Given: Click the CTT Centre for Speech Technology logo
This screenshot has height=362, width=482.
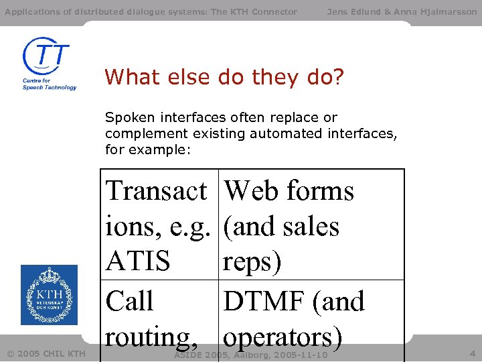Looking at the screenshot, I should [x=49, y=64].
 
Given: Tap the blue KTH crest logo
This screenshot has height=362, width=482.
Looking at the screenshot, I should [x=49, y=294].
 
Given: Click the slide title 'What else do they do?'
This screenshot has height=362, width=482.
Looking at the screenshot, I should [x=224, y=78].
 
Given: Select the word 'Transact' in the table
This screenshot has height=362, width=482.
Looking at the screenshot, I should [x=157, y=191].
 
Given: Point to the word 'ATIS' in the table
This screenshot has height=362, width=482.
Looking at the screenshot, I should [x=138, y=261].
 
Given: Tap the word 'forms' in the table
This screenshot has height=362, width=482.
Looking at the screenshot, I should [x=321, y=191].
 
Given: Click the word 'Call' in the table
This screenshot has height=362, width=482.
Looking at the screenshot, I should [x=130, y=301].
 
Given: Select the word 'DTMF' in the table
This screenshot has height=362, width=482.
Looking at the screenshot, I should [x=263, y=301].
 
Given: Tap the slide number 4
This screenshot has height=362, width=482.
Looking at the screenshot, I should [x=472, y=353].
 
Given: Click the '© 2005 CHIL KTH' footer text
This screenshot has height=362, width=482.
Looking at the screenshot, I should [x=46, y=353].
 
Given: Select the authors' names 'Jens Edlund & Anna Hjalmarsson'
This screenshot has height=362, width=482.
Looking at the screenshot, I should [x=402, y=11].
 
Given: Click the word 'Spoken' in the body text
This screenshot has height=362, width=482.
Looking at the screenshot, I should [x=125, y=117].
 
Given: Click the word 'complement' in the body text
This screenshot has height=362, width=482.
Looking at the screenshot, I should [x=138, y=133].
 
